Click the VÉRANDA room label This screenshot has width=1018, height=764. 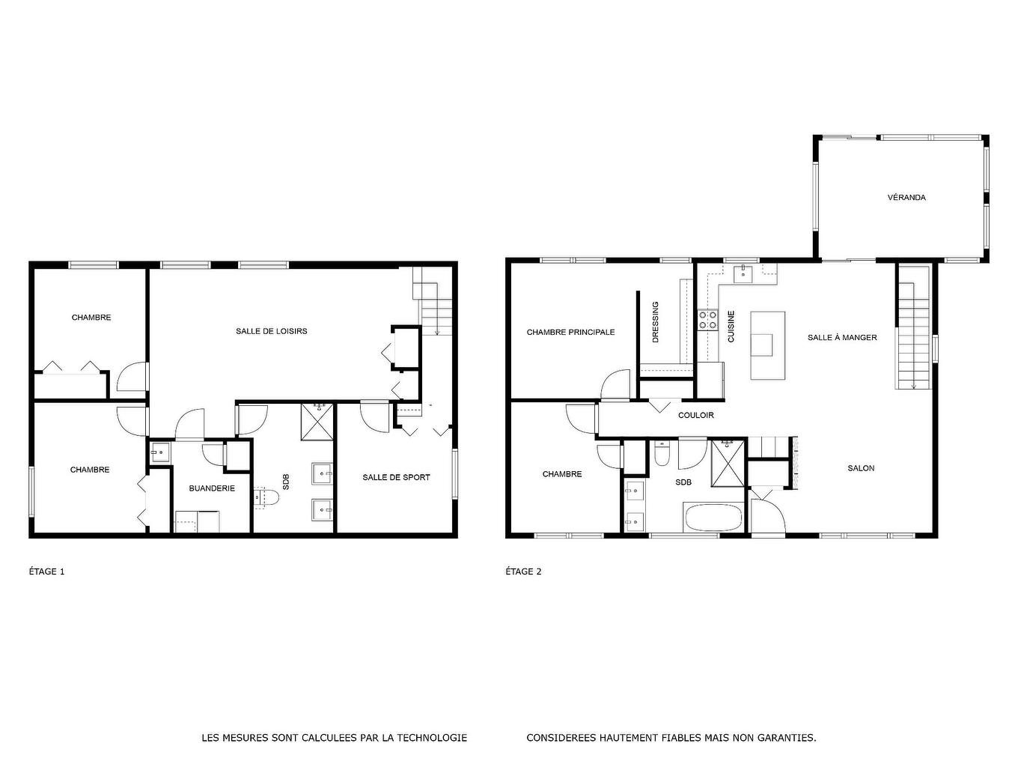point(906,198)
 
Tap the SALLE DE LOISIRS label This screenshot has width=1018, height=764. point(271,331)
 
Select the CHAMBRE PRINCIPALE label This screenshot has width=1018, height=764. point(570,332)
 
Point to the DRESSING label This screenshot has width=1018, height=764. point(656,322)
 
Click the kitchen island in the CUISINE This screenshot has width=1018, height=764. point(768,345)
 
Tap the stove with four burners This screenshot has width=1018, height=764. point(707,321)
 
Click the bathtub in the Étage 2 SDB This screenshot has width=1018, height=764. point(712,518)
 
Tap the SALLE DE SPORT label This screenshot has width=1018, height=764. point(396,477)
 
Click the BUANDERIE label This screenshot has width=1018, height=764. point(212,488)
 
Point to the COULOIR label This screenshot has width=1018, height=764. point(695,415)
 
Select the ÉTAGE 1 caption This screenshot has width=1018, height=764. point(46,572)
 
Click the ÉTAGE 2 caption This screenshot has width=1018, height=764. point(523,572)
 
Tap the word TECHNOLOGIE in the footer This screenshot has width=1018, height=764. point(432,738)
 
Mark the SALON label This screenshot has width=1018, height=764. point(861,468)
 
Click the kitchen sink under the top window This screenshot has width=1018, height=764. point(743,273)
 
